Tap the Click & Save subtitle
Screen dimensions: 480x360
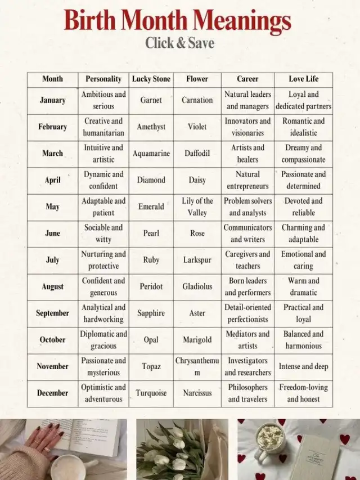[179, 43]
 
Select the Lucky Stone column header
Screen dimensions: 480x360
[151, 79]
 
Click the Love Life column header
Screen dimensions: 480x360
[303, 79]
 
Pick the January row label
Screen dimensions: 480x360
[52, 100]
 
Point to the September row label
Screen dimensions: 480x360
[52, 313]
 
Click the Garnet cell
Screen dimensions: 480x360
[151, 100]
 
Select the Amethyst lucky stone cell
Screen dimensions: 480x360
[151, 127]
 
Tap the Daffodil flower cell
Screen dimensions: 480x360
[197, 153]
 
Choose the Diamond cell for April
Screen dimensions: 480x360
[151, 180]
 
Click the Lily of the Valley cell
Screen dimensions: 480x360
[197, 207]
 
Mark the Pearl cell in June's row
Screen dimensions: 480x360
[151, 233]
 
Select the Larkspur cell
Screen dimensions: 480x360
[197, 260]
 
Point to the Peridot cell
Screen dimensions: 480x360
[151, 286]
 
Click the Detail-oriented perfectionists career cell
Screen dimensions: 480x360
[247, 313]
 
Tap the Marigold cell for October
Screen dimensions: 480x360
[197, 340]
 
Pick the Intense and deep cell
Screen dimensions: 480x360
[303, 366]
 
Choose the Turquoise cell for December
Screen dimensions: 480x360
[151, 393]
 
